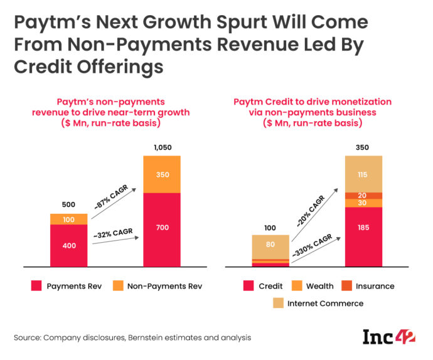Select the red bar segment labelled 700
[162, 228]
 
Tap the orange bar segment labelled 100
[69, 219]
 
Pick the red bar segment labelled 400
[69, 245]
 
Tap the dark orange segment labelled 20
[363, 195]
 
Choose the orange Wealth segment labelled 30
[363, 203]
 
